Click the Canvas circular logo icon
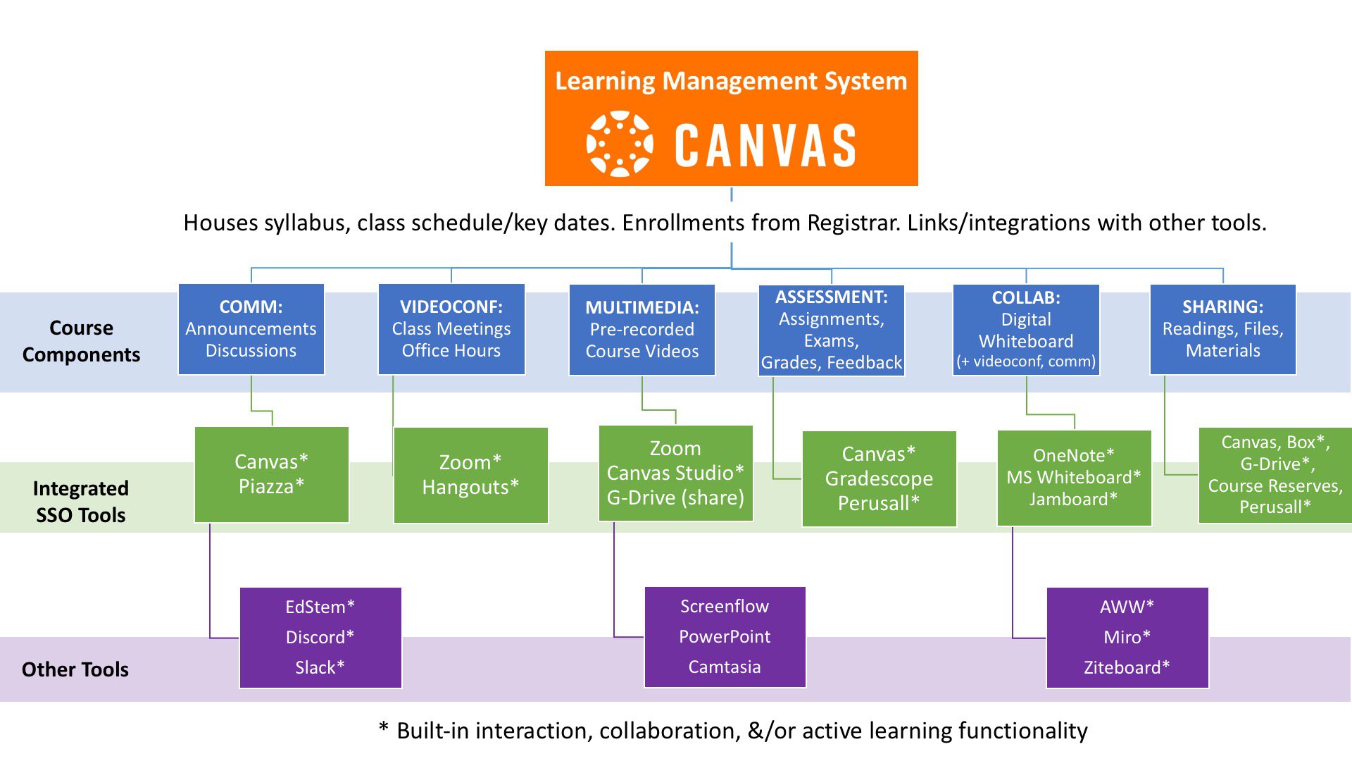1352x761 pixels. tap(620, 144)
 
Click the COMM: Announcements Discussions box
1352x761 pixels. tap(251, 329)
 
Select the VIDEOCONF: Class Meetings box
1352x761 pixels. tap(451, 329)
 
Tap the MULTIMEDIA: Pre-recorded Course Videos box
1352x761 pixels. tap(642, 330)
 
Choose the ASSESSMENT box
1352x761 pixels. tap(832, 330)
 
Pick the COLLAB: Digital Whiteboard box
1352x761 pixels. tap(1026, 330)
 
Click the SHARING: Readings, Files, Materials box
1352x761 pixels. tap(1223, 329)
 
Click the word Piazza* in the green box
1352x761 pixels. tap(272, 486)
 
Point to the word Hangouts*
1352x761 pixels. tap(470, 487)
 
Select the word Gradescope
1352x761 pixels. tap(879, 478)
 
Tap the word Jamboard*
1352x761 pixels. tap(1074, 499)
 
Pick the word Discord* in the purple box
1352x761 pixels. tap(320, 637)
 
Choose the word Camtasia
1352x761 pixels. tap(725, 667)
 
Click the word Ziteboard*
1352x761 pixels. tap(1127, 667)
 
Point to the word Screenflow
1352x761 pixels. tap(725, 606)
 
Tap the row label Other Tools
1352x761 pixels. tap(75, 669)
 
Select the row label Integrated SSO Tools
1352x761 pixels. tap(81, 501)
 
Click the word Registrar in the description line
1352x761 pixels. tap(853, 223)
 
